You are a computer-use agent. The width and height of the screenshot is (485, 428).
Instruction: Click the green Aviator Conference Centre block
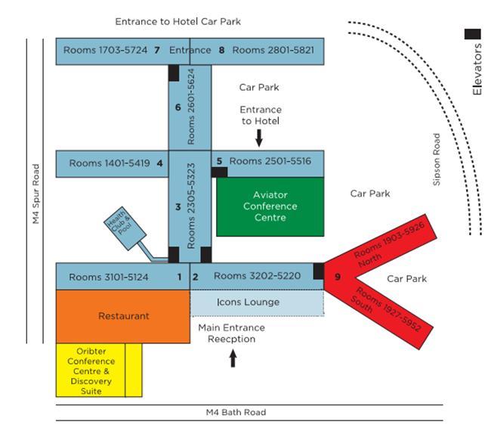tap(270, 206)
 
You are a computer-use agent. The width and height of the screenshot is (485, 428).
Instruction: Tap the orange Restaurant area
tap(123, 316)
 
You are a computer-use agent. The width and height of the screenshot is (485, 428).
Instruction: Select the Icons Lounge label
tap(247, 302)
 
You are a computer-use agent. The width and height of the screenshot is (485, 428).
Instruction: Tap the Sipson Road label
tap(437, 160)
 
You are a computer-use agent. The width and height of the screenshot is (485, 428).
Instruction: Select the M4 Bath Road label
tap(236, 412)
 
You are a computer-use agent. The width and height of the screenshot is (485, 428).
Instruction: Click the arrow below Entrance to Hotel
tap(259, 137)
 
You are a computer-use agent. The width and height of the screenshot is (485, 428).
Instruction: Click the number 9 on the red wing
tap(338, 277)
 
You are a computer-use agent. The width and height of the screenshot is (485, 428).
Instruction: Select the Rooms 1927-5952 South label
tap(388, 309)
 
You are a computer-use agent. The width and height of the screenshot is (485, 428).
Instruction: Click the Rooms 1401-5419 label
tap(109, 163)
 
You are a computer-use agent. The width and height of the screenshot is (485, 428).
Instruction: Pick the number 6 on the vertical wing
tap(178, 107)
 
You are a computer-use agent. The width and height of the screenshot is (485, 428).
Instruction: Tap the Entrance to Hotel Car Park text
tap(178, 22)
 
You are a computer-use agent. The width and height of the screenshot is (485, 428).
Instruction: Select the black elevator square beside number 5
tap(219, 172)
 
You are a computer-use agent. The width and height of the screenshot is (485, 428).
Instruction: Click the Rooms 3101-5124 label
tap(109, 277)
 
